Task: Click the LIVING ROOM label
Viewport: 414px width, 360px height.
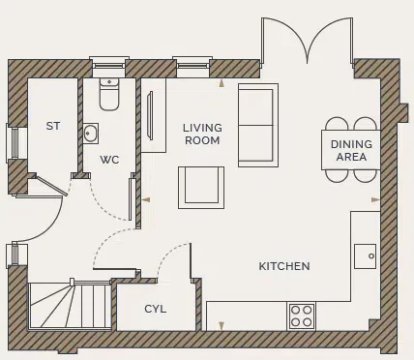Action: tap(202, 134)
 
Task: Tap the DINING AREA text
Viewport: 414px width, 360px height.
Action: tap(349, 150)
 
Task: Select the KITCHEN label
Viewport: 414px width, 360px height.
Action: tap(283, 266)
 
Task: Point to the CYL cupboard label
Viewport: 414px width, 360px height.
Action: tap(156, 309)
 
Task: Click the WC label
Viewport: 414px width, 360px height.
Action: tap(109, 160)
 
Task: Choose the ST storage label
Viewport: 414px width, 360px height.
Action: tap(53, 126)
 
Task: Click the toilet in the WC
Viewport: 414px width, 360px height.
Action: tap(108, 94)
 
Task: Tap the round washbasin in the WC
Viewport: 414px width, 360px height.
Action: tap(91, 134)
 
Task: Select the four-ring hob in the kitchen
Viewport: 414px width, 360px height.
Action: tap(301, 315)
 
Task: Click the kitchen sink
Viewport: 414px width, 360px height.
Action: tap(365, 255)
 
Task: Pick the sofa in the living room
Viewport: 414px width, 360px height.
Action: tap(257, 124)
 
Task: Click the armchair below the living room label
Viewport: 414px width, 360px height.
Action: tap(201, 187)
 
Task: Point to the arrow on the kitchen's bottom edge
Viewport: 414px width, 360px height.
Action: tap(222, 326)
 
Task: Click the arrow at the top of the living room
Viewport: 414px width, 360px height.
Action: tap(222, 84)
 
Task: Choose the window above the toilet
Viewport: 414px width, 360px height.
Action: tap(108, 67)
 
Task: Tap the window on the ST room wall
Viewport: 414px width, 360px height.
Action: tap(13, 143)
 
